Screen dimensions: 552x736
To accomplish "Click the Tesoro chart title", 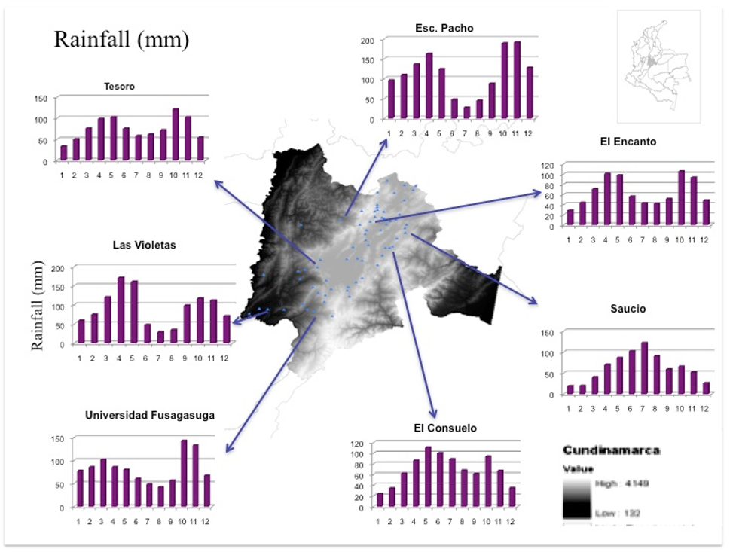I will tap(119, 87).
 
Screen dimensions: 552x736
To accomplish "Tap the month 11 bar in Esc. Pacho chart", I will tap(517, 81).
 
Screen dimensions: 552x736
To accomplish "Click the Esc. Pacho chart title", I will tap(444, 29).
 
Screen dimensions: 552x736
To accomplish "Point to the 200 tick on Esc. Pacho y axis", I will tap(368, 40).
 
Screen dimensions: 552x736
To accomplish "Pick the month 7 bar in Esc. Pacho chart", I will tap(466, 112).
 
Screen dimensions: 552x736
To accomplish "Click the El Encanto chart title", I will tap(629, 142).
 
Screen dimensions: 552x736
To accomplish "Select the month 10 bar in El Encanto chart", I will tap(681, 198).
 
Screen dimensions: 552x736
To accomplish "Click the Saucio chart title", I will tap(628, 309).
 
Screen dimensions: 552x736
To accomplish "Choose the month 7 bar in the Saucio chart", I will tap(623, 368).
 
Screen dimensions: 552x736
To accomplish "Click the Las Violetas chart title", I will tap(144, 246).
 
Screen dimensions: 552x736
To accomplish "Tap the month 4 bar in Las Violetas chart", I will tap(121, 310).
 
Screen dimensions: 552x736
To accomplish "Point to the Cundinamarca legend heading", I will tap(611, 450).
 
